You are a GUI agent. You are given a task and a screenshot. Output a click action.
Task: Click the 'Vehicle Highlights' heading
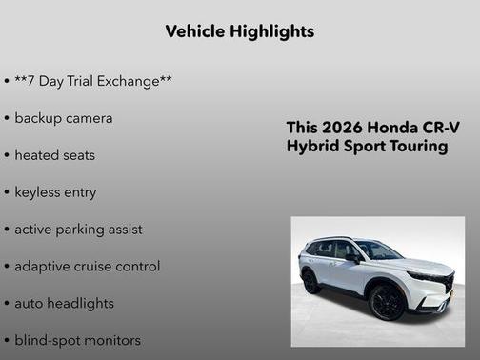[x=239, y=31]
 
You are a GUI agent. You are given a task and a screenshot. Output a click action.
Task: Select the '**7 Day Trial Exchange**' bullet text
[x=93, y=82]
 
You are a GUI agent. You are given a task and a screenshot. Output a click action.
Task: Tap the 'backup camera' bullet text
[x=64, y=118]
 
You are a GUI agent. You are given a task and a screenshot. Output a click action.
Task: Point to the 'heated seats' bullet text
[x=55, y=155]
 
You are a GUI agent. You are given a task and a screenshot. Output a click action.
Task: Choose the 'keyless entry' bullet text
[x=55, y=192]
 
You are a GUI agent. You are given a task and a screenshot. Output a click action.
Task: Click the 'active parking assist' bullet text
[x=78, y=230]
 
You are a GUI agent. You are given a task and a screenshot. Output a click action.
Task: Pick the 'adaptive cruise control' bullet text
[x=87, y=267]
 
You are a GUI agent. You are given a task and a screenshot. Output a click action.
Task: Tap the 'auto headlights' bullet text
[x=64, y=304]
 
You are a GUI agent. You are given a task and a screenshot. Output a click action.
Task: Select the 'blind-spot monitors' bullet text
[x=77, y=340]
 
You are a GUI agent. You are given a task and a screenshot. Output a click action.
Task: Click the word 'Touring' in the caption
[x=416, y=147]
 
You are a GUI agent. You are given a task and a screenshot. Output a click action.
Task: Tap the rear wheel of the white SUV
[x=310, y=282]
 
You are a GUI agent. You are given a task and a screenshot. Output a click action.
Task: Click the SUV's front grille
[x=440, y=286]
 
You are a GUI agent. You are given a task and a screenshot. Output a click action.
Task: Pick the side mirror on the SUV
[x=353, y=258]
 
